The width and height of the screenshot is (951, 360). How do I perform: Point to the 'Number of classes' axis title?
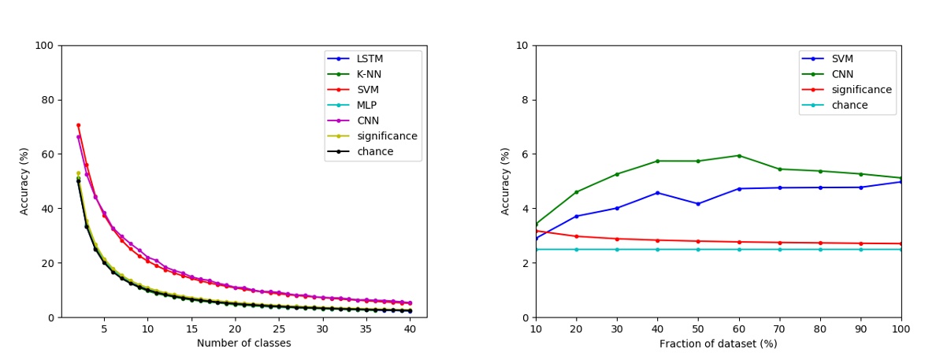tap(243, 343)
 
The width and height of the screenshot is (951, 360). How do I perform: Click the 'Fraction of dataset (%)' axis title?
tap(718, 343)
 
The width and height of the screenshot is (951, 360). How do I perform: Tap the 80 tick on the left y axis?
tap(44, 100)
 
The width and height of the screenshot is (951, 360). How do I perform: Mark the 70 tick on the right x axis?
tap(779, 328)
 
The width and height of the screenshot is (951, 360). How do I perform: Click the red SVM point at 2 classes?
tap(78, 124)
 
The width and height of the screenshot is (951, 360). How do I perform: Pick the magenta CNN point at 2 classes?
tap(78, 136)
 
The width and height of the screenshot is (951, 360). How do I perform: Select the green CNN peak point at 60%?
tap(739, 155)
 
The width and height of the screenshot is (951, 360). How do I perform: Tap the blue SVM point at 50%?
tap(698, 204)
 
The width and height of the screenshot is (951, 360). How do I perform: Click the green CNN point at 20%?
tap(576, 192)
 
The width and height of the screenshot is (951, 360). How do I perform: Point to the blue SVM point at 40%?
tap(657, 193)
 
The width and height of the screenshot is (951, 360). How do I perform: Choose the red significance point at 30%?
tap(617, 239)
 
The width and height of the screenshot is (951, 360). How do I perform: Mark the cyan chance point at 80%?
tap(820, 250)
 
